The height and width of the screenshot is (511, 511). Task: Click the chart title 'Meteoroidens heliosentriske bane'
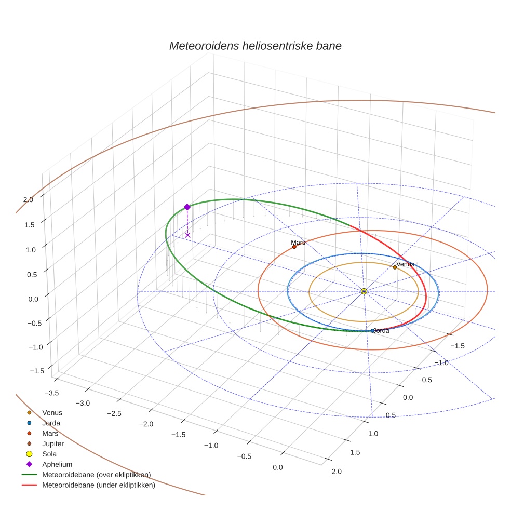click(255, 46)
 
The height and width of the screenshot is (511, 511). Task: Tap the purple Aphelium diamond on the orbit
click(187, 207)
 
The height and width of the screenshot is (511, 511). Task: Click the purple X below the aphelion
click(187, 235)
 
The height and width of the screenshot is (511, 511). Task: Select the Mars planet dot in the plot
click(294, 247)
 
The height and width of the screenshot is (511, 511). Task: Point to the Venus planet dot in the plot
click(395, 267)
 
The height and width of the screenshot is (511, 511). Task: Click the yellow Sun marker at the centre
click(364, 291)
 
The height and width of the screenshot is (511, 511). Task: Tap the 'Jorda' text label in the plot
click(381, 331)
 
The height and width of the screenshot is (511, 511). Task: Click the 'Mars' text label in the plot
click(298, 243)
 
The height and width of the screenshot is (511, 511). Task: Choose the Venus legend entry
click(52, 413)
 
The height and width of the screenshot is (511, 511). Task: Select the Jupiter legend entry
click(53, 444)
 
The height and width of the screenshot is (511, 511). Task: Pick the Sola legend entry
click(49, 454)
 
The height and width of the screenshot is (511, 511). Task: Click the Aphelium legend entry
click(57, 464)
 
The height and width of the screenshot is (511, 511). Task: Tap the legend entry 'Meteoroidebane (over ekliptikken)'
click(96, 475)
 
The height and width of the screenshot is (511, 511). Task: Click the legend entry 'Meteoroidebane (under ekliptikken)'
click(98, 486)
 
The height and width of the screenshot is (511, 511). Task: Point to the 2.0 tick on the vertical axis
click(28, 199)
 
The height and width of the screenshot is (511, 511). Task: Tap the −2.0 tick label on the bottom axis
click(146, 424)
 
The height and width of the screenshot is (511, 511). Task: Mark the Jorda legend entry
click(51, 423)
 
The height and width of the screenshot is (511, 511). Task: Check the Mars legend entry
click(50, 434)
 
